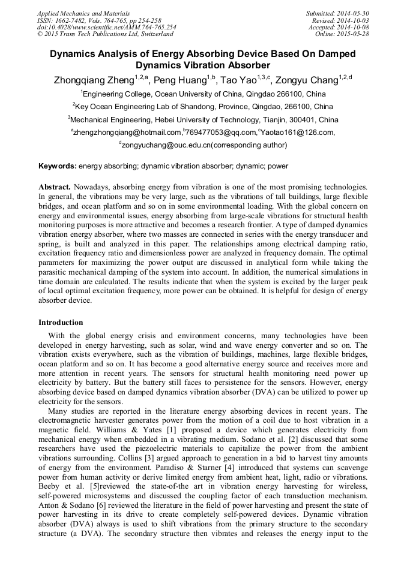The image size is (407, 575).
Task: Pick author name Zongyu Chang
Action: point(314,79)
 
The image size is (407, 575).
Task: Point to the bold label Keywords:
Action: point(58,165)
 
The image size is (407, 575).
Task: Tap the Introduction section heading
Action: point(61,322)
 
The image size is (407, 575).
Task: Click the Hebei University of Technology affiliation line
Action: point(203,120)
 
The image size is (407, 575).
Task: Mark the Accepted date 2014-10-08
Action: point(354,27)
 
